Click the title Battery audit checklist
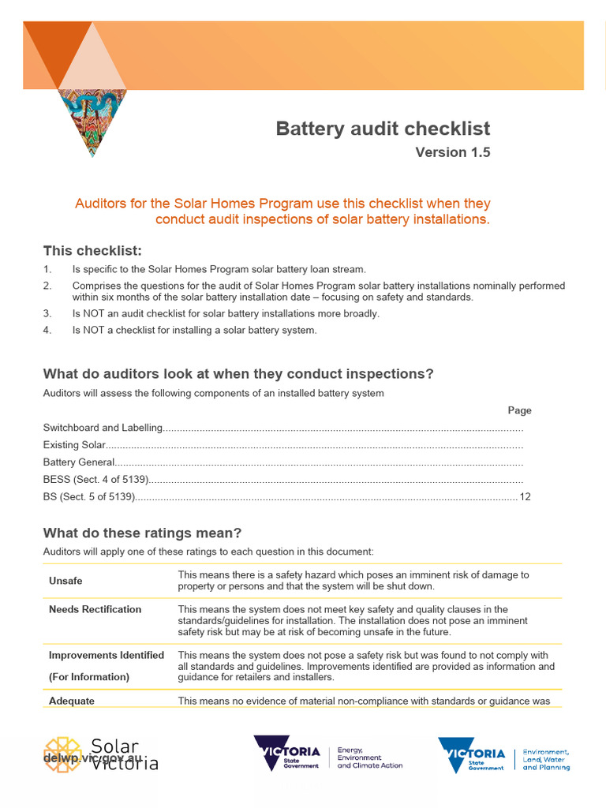[383, 129]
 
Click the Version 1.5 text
[452, 152]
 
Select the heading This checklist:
[92, 251]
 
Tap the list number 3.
[47, 313]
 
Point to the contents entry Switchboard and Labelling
[103, 428]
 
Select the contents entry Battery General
[79, 462]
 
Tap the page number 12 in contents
[526, 497]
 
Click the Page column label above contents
[519, 410]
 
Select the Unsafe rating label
[65, 581]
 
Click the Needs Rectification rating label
[95, 609]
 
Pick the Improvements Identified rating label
[107, 655]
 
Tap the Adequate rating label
[71, 701]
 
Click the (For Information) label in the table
[89, 676]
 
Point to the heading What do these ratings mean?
[142, 533]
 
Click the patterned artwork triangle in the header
[92, 119]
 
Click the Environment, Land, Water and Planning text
[546, 760]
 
